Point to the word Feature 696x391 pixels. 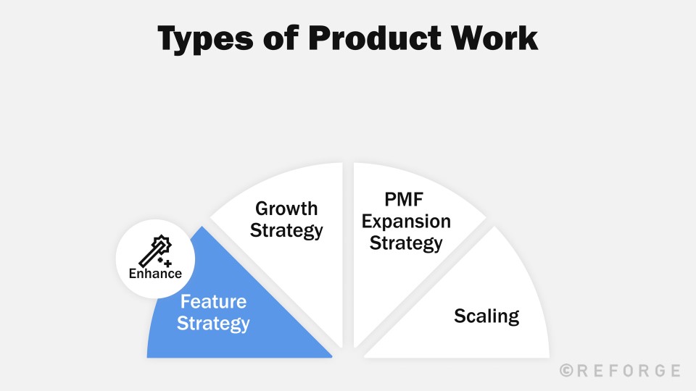pyautogui.click(x=213, y=301)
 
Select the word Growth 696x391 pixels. pyautogui.click(x=286, y=209)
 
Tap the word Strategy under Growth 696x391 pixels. pyautogui.click(x=286, y=231)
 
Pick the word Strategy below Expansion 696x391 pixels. pyautogui.click(x=406, y=243)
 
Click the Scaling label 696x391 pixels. pyautogui.click(x=486, y=316)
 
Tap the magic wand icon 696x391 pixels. pyautogui.click(x=154, y=251)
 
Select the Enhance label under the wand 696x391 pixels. pyautogui.click(x=155, y=274)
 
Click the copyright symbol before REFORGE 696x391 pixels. pyautogui.click(x=568, y=371)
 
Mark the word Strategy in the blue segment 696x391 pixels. pyautogui.click(x=213, y=323)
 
